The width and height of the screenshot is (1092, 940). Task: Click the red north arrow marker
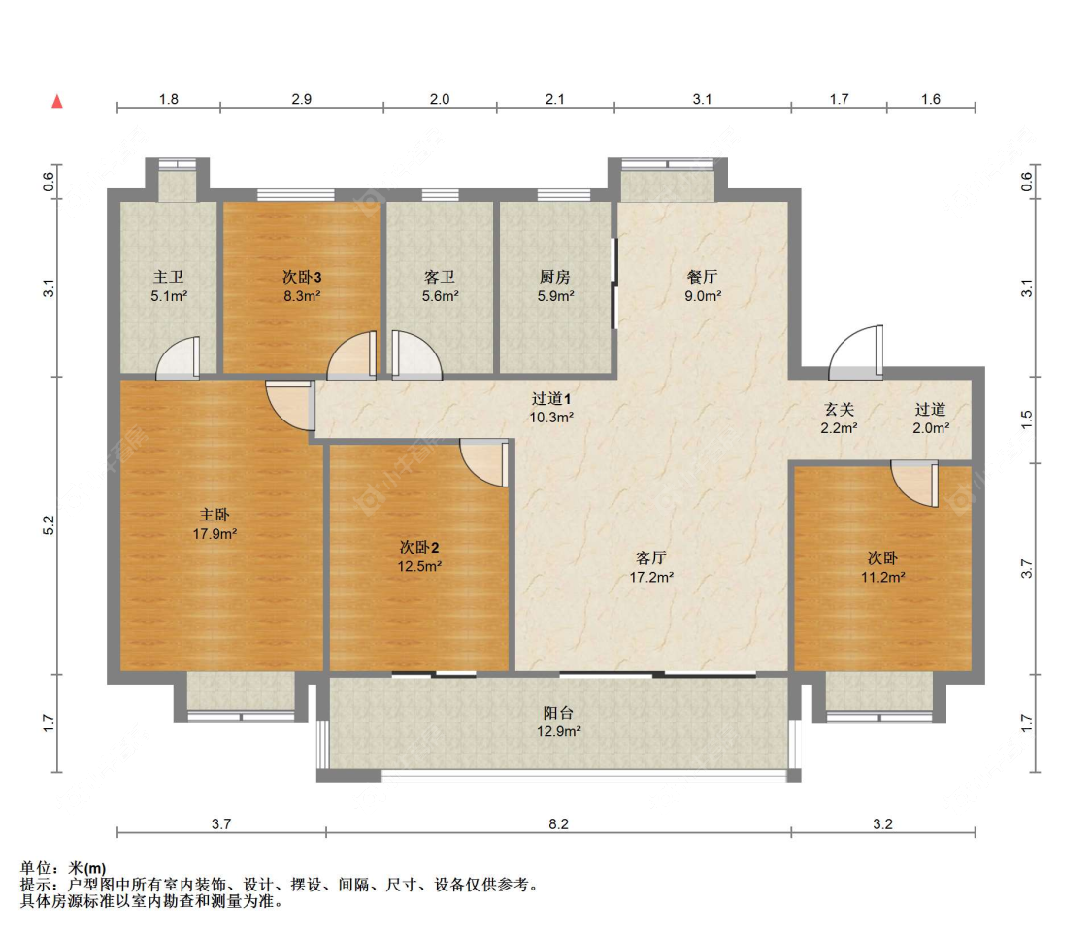click(58, 102)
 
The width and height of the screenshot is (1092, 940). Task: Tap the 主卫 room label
click(169, 277)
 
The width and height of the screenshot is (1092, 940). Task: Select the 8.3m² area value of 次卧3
click(302, 296)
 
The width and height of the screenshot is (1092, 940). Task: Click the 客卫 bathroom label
click(440, 277)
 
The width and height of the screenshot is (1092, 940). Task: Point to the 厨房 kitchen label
click(555, 277)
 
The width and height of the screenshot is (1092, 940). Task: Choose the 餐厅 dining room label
click(702, 277)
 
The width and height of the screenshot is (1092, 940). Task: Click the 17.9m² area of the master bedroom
click(215, 534)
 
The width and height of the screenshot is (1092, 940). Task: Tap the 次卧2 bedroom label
click(419, 548)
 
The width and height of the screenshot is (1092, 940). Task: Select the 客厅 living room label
click(651, 558)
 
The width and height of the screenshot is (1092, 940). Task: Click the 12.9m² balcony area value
click(558, 731)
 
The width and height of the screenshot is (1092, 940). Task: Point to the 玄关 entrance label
click(839, 410)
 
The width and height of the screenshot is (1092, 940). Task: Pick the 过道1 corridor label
click(551, 398)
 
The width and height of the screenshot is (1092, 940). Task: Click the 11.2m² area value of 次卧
click(882, 577)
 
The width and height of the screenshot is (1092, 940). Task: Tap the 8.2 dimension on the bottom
click(558, 824)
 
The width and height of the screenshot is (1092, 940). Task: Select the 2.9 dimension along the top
click(302, 99)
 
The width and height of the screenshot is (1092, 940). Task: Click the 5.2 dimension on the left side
click(49, 525)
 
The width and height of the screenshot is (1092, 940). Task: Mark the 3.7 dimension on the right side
click(1027, 569)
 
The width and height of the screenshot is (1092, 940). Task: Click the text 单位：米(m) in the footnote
click(63, 868)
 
